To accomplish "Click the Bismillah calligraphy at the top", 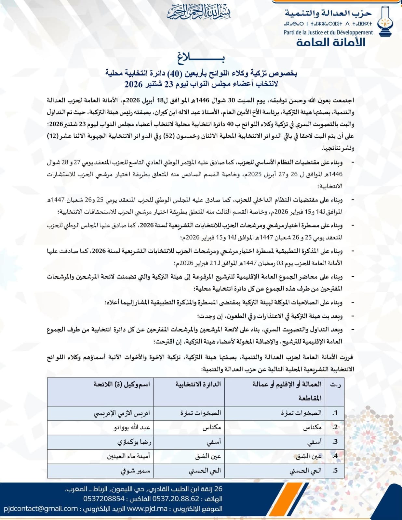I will tap(199, 13).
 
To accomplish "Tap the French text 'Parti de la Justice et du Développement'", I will tap(328, 32).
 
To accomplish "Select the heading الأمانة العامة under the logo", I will tap(330, 42).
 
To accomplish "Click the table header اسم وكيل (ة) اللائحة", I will tap(122, 384).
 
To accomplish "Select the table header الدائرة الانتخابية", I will tap(198, 384).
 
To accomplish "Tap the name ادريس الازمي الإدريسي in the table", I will tap(122, 413).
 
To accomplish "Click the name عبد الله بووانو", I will tap(132, 427).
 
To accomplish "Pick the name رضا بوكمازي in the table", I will tap(134, 442).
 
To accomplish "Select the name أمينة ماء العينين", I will tap(128, 456).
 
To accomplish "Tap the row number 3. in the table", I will tap(335, 442).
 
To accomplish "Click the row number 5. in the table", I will tap(335, 470).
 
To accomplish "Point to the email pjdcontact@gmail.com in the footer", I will tap(41, 509).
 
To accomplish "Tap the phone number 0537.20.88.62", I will tap(176, 499).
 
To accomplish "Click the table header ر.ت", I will tap(335, 384).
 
